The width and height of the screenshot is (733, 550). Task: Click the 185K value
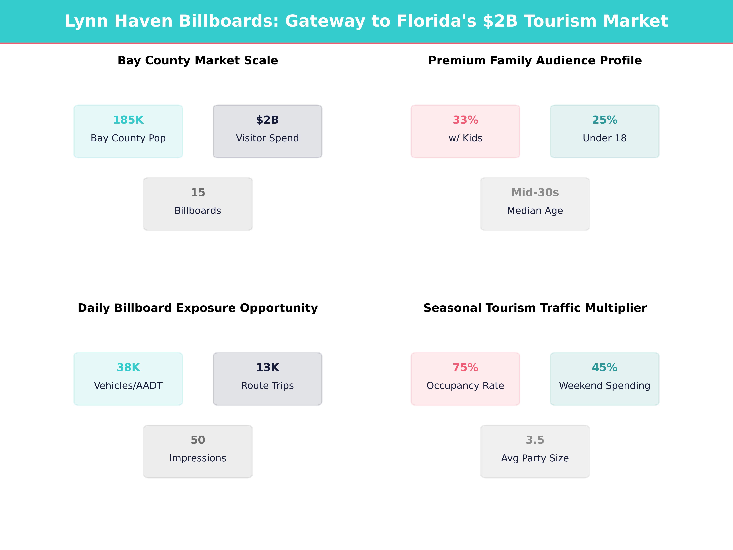(128, 120)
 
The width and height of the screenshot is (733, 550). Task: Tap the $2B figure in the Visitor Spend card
(267, 120)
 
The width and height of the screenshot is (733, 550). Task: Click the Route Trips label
(267, 386)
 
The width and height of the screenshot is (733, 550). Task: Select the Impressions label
(198, 458)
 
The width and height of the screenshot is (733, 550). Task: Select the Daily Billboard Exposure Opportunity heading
(198, 308)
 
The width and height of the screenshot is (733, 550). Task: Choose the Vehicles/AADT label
(128, 386)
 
